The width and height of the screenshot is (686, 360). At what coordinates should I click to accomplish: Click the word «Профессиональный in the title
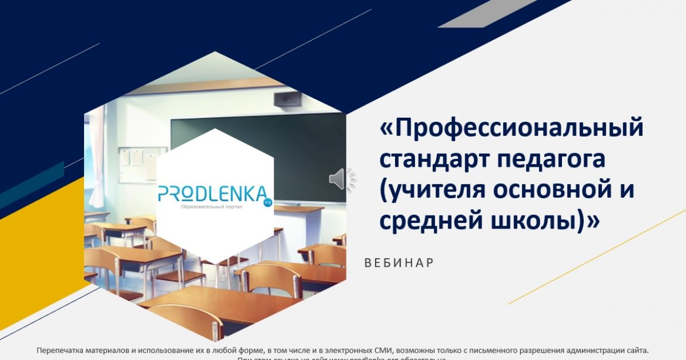click(x=512, y=128)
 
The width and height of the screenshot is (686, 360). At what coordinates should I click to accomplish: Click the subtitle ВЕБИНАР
click(x=399, y=263)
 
